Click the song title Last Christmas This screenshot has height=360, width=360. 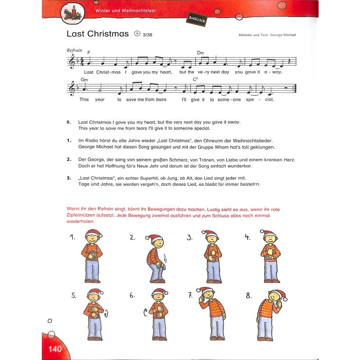[97, 34]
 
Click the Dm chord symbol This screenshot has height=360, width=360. [200, 53]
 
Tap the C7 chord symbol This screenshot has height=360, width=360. [195, 79]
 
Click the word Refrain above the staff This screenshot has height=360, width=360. [74, 50]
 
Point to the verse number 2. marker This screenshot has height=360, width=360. [69, 159]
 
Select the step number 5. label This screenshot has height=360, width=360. [74, 296]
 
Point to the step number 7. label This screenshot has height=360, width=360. [191, 295]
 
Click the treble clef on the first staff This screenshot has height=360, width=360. [72, 63]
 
